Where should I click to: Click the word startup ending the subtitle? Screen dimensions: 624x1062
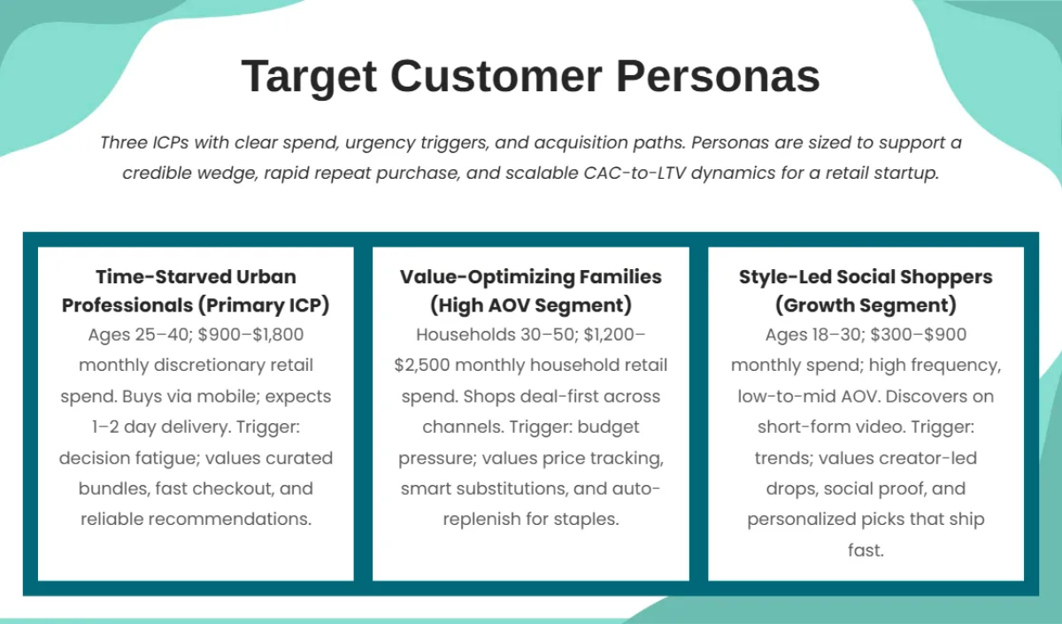907,173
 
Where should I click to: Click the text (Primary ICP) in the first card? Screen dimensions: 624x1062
263,306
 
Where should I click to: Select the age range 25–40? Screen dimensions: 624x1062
158,335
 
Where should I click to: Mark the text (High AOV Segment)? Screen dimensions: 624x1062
531,306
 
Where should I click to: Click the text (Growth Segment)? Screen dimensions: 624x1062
866,306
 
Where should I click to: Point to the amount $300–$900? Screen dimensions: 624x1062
922,335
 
